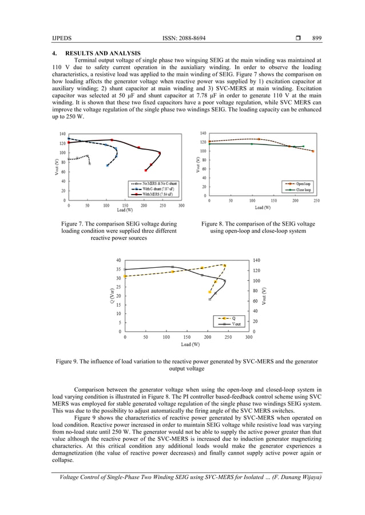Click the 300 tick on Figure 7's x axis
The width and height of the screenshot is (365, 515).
click(x=181, y=206)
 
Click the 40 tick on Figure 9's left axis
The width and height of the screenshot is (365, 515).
click(x=118, y=260)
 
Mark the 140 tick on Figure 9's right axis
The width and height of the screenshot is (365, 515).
click(x=255, y=260)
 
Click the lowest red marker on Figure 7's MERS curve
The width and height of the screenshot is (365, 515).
click(x=145, y=170)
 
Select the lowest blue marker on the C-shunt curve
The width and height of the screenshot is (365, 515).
click(x=108, y=166)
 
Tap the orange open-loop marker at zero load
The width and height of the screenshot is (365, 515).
click(x=209, y=141)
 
